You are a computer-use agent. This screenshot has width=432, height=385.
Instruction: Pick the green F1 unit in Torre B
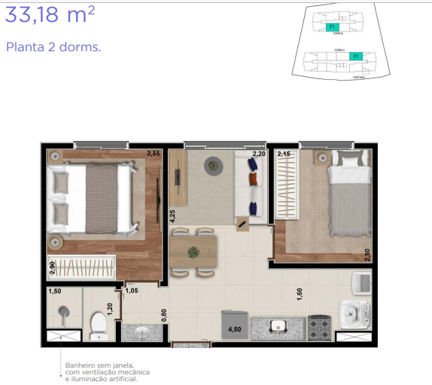point(333,26)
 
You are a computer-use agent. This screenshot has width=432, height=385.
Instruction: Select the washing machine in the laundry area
point(353,313)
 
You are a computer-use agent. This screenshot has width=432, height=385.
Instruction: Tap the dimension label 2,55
point(154,154)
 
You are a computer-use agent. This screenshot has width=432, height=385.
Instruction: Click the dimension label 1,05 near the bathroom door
point(132,290)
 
